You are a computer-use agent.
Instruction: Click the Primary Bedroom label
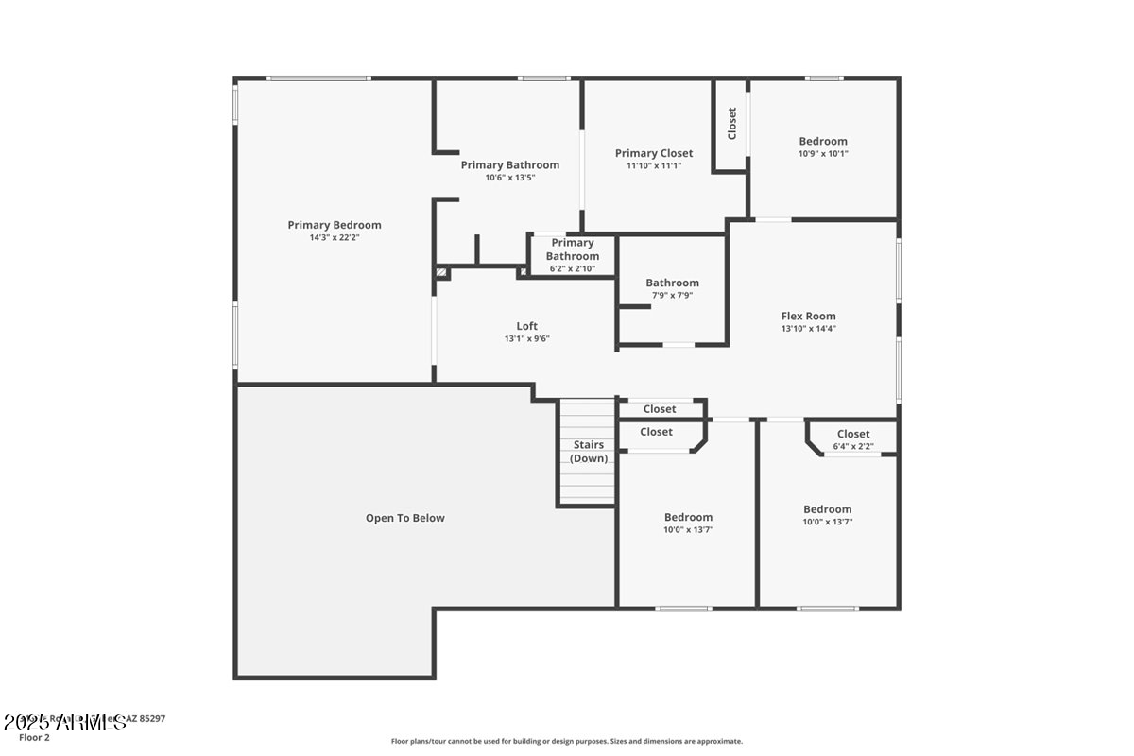(335, 225)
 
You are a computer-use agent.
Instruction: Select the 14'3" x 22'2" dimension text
(335, 238)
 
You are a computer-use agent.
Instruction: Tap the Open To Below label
(404, 518)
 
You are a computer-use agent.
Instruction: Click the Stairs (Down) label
(589, 452)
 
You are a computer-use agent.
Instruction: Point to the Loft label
(526, 326)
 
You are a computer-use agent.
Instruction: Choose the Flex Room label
(808, 317)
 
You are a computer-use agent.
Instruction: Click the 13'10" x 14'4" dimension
(808, 329)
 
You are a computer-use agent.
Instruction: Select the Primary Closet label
(654, 153)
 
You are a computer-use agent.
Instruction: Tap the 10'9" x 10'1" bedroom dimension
(823, 154)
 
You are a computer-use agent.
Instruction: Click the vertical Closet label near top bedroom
(731, 124)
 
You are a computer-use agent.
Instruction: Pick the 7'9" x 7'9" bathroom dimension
(672, 295)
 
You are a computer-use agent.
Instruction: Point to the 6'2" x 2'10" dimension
(572, 268)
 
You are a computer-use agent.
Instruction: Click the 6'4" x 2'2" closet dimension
(852, 446)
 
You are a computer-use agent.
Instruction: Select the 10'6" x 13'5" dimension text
(510, 178)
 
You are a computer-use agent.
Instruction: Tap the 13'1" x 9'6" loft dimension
(526, 338)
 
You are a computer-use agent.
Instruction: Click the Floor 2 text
(34, 737)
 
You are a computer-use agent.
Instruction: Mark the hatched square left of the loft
(440, 272)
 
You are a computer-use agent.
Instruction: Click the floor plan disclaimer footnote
(567, 742)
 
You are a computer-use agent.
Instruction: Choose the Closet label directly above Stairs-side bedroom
(656, 432)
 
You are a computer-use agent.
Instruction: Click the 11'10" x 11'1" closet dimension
(654, 165)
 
